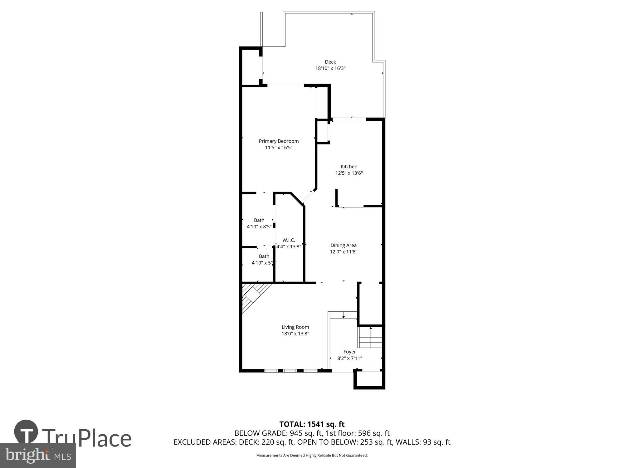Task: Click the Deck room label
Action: click(330, 62)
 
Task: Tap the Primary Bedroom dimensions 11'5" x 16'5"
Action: click(279, 148)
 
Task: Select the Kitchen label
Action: click(349, 167)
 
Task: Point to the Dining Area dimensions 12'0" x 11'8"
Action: click(343, 252)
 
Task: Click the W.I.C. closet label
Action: click(289, 240)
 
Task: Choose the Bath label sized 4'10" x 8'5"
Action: click(259, 220)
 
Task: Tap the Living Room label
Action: click(295, 327)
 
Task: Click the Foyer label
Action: click(349, 352)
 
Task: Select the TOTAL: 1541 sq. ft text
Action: click(312, 424)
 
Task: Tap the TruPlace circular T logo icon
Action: click(26, 432)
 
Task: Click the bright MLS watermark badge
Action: click(38, 456)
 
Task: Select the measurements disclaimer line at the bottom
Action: click(312, 456)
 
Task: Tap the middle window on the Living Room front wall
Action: click(290, 371)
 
